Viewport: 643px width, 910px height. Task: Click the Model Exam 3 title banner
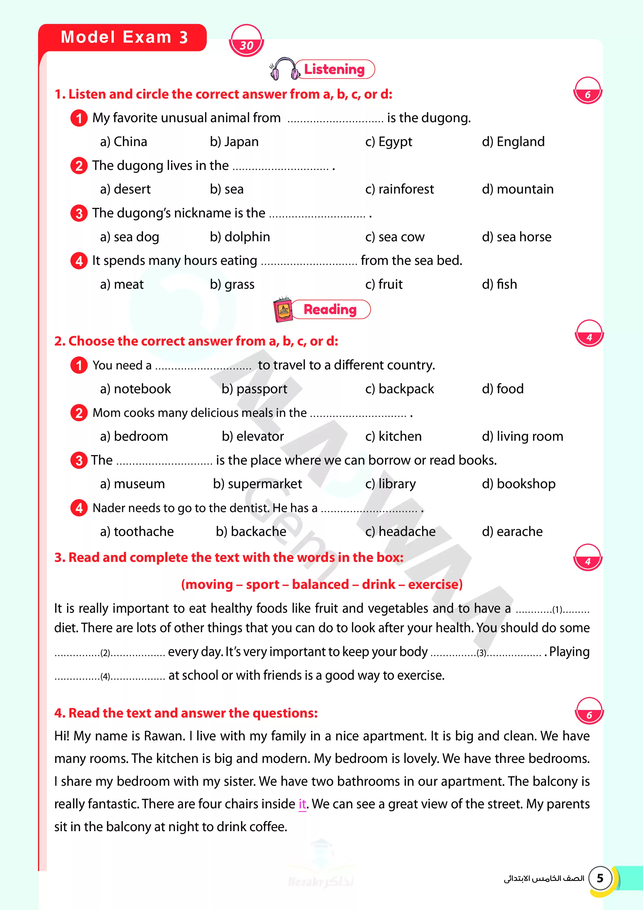tap(124, 37)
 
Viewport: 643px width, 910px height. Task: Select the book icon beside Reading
tap(282, 309)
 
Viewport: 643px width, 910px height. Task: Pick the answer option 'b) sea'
tap(227, 189)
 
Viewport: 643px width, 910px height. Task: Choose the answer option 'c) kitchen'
tap(393, 436)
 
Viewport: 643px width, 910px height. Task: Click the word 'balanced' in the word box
tap(320, 584)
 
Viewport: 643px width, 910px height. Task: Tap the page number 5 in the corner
tap(600, 878)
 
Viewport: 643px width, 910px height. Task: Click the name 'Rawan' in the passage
tap(164, 736)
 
